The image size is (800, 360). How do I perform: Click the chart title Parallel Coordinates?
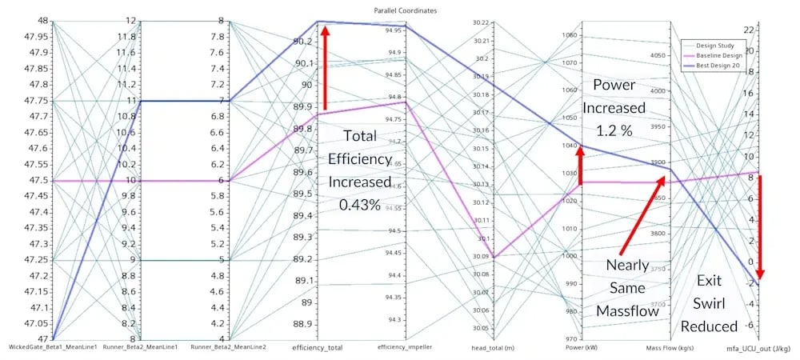[x=400, y=10]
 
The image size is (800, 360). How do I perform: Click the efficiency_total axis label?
[x=318, y=347]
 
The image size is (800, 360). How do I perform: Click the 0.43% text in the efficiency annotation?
[x=358, y=205]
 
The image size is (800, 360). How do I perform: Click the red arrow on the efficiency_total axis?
[x=325, y=68]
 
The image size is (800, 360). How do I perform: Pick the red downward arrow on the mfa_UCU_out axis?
[x=758, y=228]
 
